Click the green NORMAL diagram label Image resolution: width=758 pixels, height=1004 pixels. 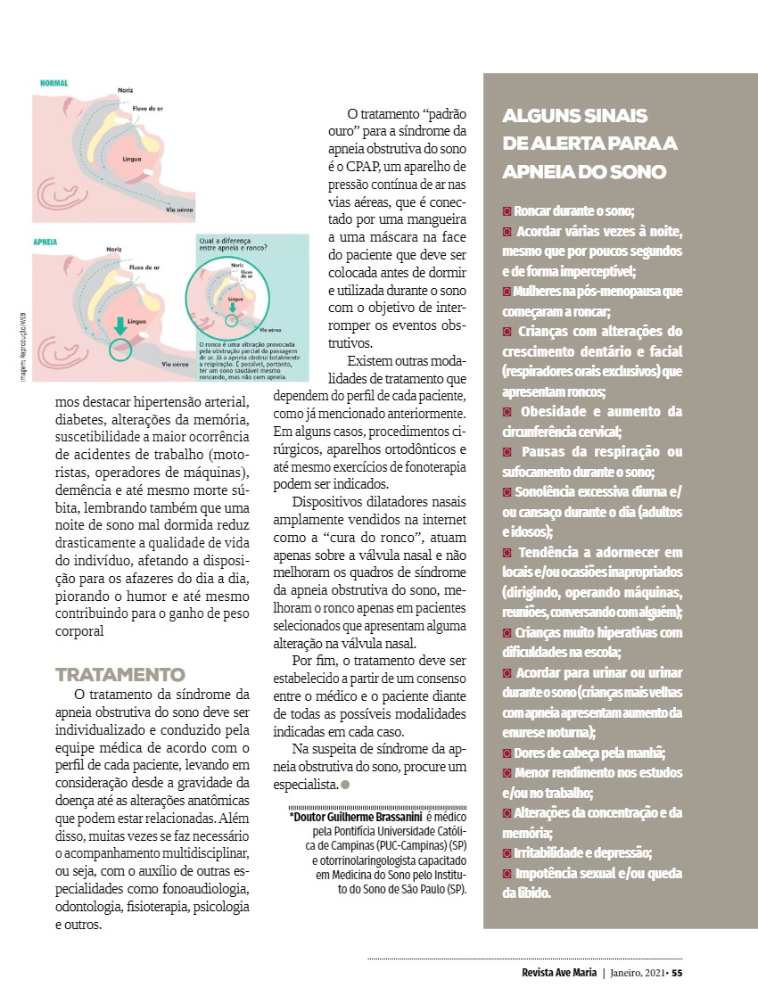click(54, 84)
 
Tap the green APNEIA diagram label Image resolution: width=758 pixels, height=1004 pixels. click(45, 242)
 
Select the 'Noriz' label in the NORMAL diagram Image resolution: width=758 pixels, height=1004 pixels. click(127, 91)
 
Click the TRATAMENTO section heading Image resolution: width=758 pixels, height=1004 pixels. click(119, 674)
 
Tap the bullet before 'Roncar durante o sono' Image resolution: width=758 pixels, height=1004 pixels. click(507, 212)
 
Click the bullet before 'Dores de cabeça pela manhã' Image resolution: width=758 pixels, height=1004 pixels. click(507, 752)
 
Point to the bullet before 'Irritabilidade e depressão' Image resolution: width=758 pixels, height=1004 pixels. click(507, 852)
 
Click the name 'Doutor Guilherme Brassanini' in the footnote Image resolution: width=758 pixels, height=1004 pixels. click(356, 817)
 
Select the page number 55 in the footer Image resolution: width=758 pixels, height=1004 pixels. click(677, 973)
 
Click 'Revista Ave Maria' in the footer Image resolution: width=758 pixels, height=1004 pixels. click(559, 973)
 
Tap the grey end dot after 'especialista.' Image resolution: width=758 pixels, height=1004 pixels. click(344, 785)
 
